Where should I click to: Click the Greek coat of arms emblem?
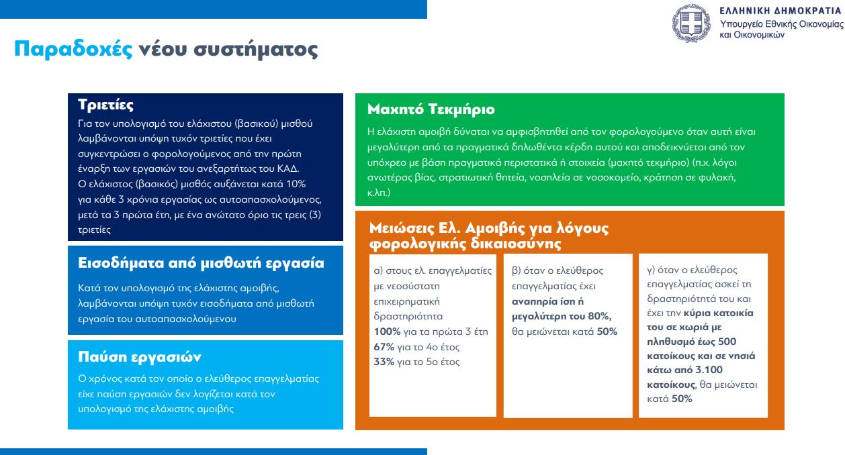[691, 22]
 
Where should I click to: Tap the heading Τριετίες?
[105, 105]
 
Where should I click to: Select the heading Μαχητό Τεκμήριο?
[431, 109]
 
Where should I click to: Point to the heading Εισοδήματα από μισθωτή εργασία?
[201, 263]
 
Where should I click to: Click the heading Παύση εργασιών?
[140, 356]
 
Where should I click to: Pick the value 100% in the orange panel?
[388, 332]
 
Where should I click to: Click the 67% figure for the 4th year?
[384, 347]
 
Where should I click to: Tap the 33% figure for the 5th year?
[384, 362]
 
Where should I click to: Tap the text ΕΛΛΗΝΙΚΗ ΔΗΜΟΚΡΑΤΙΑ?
[780, 11]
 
